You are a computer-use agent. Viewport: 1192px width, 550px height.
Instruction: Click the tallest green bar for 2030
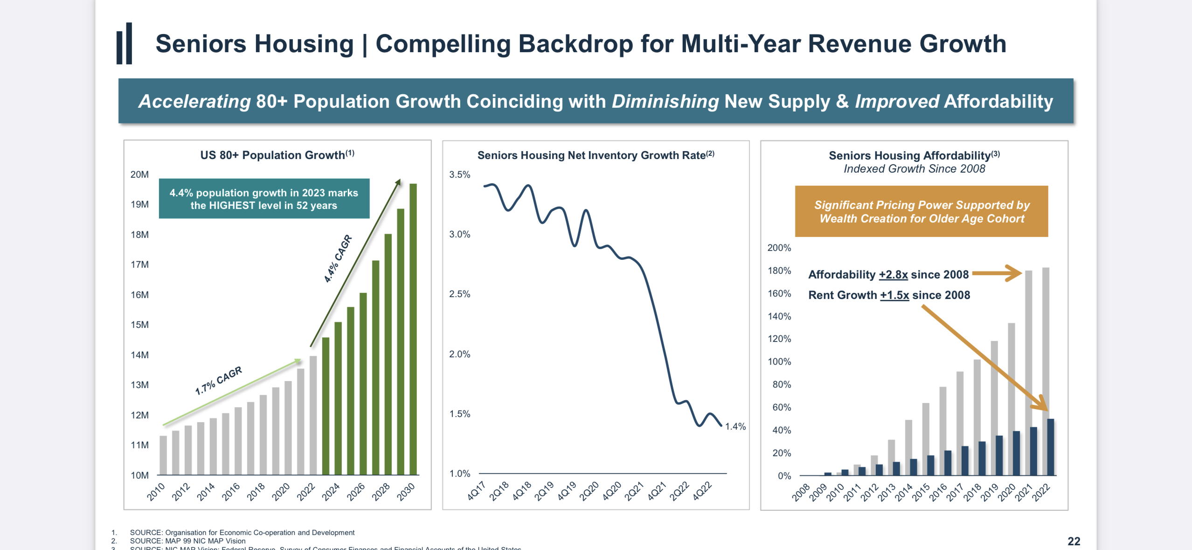pos(413,327)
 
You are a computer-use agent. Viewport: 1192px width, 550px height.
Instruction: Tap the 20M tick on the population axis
pos(139,174)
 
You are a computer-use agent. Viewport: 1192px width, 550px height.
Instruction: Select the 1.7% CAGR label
pos(218,380)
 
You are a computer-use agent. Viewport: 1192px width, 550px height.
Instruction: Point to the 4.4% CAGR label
pos(338,258)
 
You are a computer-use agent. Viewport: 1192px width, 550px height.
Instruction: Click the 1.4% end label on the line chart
pos(735,426)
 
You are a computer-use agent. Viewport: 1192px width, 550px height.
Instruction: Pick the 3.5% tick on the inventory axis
pos(459,174)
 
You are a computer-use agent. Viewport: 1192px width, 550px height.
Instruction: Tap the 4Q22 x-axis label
pos(702,491)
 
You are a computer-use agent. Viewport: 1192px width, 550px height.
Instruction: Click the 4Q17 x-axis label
pos(476,491)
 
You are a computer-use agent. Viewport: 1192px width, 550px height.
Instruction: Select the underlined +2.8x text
pos(893,275)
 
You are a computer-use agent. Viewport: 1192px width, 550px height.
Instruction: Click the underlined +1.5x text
pos(894,295)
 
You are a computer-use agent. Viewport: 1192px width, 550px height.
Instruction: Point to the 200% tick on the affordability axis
pos(779,248)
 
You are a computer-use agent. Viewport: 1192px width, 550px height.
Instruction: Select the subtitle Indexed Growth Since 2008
pos(914,169)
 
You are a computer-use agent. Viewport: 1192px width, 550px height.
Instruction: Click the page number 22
pos(1074,541)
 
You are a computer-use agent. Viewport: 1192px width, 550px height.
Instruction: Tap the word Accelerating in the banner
pos(194,101)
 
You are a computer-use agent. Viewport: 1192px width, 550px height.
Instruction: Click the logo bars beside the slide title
pos(125,43)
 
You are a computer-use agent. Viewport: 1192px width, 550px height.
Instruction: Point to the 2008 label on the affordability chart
pos(801,493)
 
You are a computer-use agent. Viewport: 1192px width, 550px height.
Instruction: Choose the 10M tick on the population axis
pos(139,475)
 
